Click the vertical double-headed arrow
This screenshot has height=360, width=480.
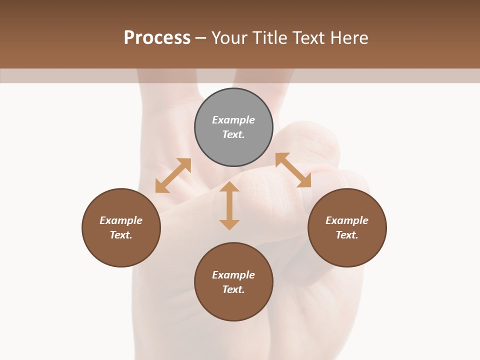229,205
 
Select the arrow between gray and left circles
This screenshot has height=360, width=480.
173,175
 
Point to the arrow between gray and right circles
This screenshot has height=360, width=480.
293,170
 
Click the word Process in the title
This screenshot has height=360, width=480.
157,38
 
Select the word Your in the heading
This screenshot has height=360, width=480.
229,38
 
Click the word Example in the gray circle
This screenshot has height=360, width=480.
233,120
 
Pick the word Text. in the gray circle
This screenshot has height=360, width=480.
233,134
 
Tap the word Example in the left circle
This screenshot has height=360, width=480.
121,220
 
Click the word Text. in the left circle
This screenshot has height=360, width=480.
121,235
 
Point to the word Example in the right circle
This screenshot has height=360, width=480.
347,220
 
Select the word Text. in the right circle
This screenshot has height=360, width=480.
347,235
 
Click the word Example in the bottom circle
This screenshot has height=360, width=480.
233,275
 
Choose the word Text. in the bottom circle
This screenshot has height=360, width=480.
233,289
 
